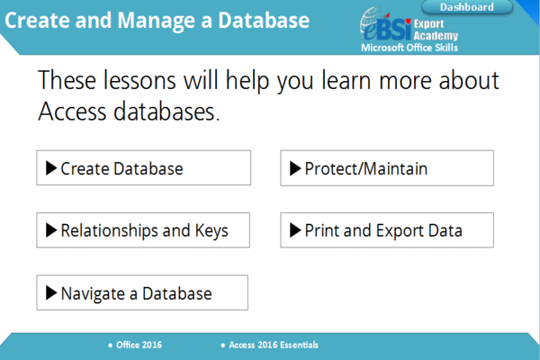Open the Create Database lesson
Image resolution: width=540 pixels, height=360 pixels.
click(143, 168)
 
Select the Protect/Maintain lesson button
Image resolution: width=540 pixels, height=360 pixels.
click(387, 168)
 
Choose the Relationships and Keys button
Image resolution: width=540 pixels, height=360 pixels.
click(143, 230)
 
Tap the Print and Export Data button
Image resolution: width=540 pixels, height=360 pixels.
click(387, 230)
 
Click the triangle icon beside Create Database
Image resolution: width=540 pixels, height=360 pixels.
click(51, 168)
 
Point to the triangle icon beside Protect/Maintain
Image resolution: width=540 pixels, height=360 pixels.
click(295, 168)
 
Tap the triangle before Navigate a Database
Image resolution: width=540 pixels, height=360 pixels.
click(51, 293)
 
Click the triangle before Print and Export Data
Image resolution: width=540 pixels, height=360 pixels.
click(295, 230)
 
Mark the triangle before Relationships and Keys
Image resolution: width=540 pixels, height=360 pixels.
click(51, 230)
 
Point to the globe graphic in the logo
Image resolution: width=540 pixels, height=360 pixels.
click(372, 20)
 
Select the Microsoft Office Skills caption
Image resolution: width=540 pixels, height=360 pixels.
click(408, 48)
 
